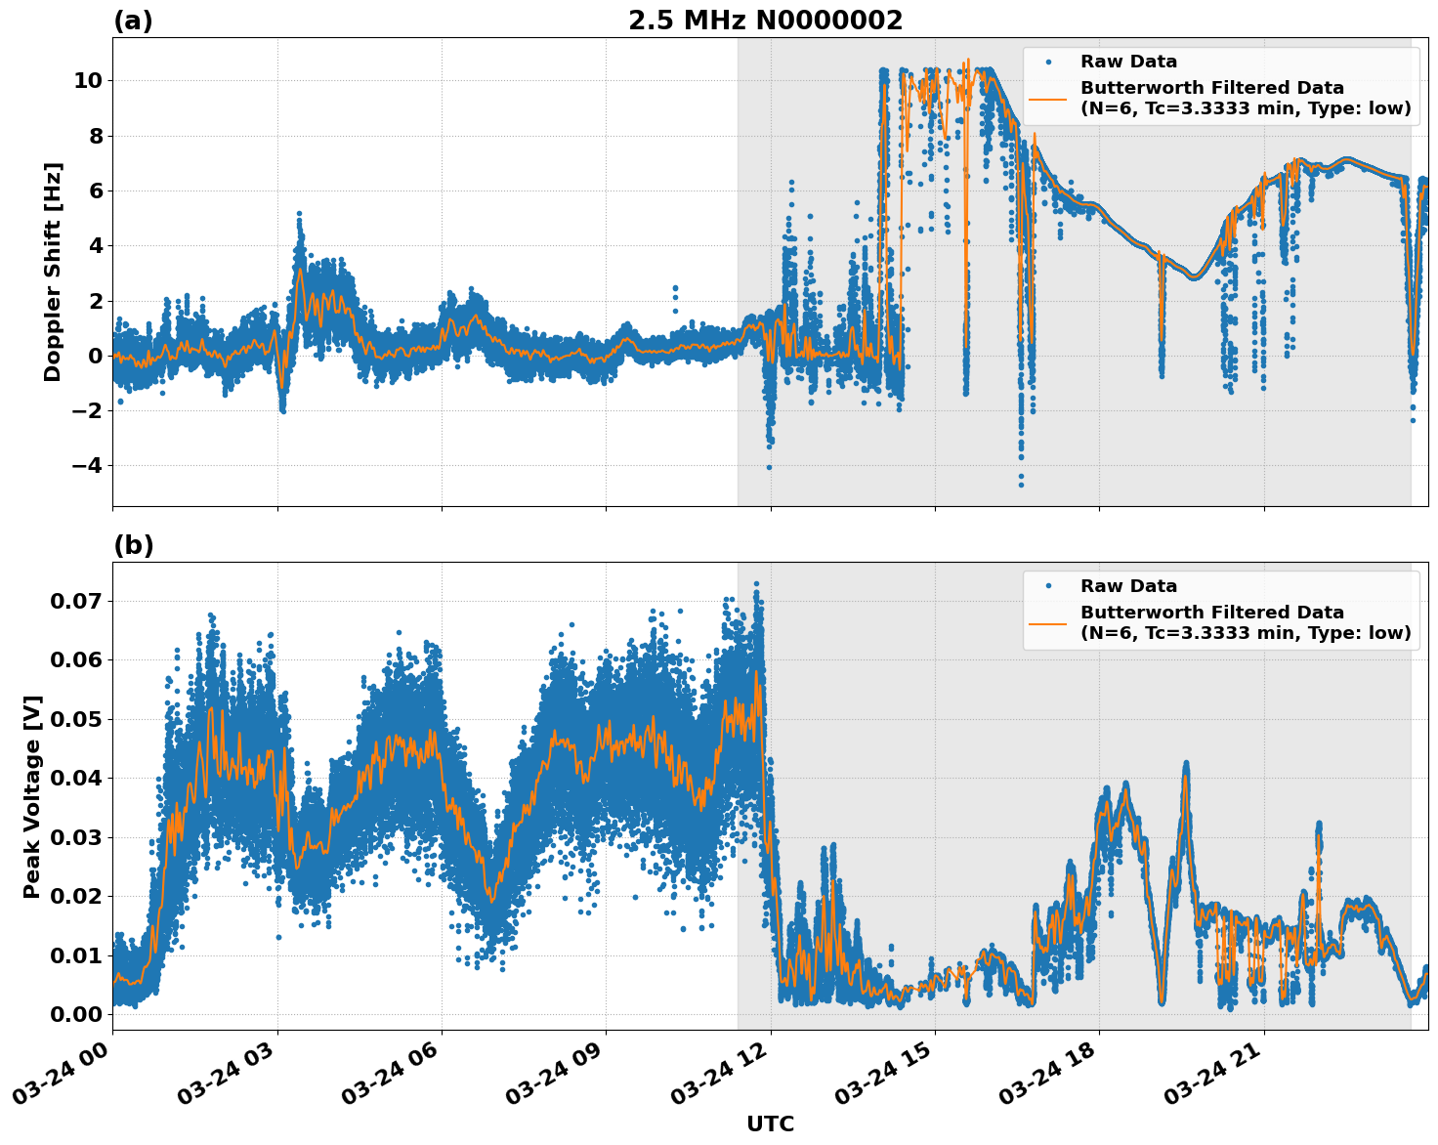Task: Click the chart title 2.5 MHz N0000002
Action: [x=765, y=21]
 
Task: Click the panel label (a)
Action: [x=133, y=21]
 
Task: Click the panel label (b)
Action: [x=133, y=545]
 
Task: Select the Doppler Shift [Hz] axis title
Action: [x=53, y=272]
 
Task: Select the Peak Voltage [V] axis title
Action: [x=32, y=796]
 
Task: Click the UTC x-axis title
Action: [x=770, y=1124]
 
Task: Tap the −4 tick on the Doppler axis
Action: [x=87, y=465]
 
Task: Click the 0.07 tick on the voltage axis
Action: [x=76, y=600]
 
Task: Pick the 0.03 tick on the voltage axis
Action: [x=76, y=837]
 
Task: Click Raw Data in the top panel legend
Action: [x=1128, y=62]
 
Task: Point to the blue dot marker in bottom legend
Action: [x=1048, y=586]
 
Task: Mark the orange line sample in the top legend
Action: [x=1048, y=98]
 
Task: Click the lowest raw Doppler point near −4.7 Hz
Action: [x=1021, y=485]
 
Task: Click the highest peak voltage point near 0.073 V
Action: [x=755, y=583]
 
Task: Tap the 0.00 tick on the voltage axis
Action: [x=76, y=1014]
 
